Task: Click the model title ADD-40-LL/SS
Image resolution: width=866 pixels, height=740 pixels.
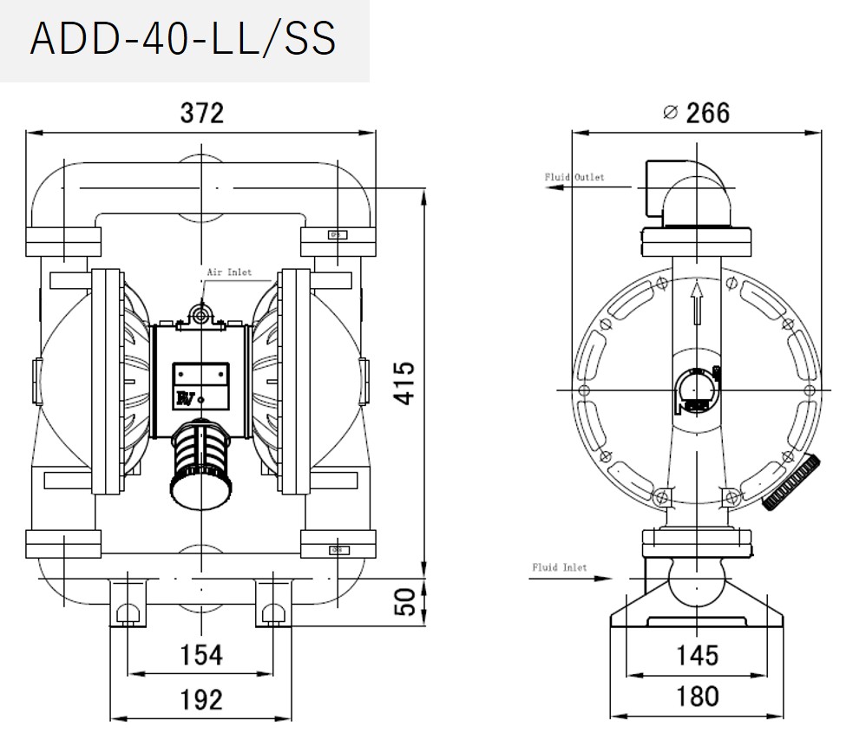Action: tap(182, 39)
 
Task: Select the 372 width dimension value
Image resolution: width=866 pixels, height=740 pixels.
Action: tap(201, 113)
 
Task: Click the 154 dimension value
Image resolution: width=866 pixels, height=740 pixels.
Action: tap(200, 654)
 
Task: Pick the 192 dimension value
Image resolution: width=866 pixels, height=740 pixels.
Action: tap(200, 699)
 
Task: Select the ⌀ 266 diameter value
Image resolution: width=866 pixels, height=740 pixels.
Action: tap(696, 113)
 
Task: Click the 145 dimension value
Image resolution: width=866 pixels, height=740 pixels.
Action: tap(697, 654)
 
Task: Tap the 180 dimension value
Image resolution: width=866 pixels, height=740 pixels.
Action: tap(697, 696)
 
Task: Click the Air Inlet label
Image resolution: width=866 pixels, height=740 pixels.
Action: tap(228, 272)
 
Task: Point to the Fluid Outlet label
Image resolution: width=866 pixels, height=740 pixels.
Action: tap(574, 177)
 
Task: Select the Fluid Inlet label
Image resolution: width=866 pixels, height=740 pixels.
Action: tap(559, 567)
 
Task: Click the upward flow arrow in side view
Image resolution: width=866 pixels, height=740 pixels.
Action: tap(696, 304)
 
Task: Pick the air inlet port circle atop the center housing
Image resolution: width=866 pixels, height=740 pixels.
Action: tap(201, 315)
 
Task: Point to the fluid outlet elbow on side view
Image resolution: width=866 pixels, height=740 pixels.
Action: tap(686, 191)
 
